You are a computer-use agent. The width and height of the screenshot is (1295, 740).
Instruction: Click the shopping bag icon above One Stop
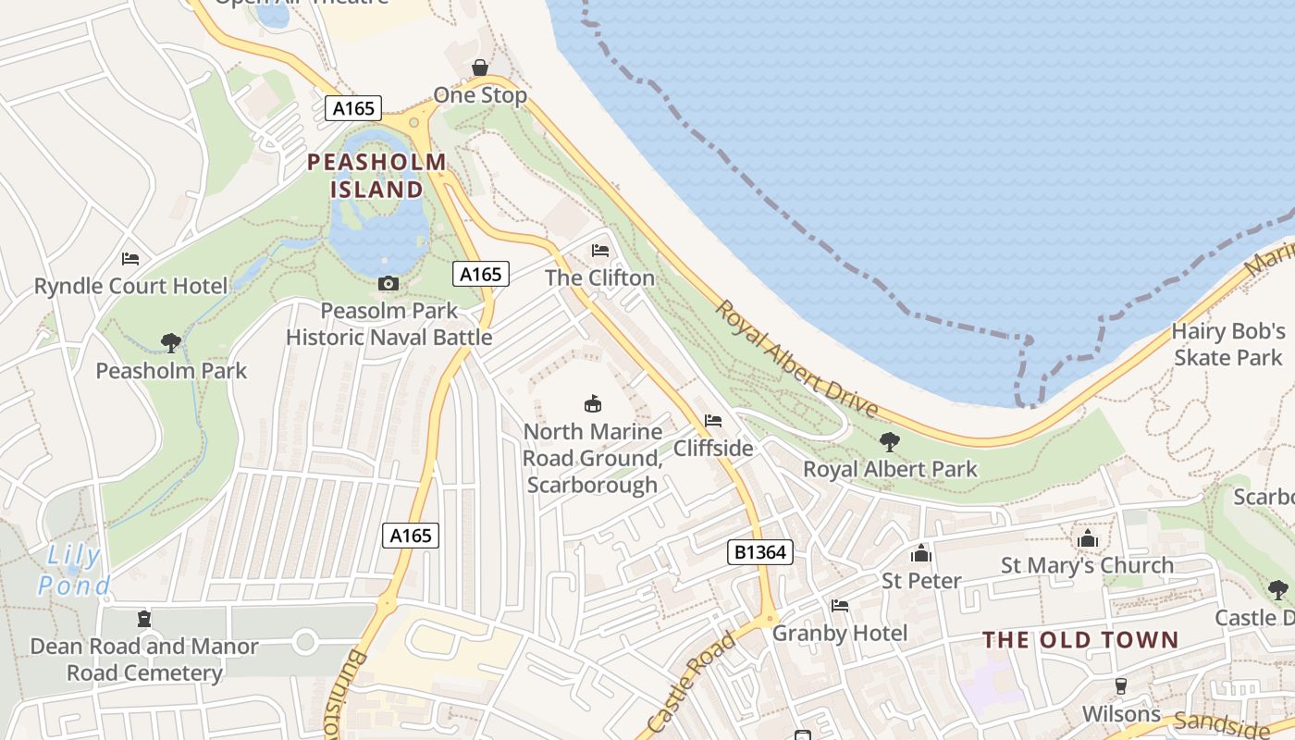480,68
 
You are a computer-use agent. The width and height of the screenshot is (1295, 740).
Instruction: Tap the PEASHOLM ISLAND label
376,176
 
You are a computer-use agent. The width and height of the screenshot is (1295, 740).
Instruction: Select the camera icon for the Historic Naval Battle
388,283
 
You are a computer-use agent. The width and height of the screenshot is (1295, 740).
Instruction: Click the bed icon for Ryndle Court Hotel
130,259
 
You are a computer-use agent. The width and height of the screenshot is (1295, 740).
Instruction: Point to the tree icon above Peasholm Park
171,343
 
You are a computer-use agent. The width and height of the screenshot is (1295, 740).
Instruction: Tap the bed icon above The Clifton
600,251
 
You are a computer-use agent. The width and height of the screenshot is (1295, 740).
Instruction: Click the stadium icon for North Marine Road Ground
592,403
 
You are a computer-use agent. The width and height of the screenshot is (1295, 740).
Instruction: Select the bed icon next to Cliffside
713,421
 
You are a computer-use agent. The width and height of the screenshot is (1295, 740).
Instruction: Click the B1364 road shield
759,552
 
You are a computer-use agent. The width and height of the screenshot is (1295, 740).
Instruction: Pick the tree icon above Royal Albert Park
890,441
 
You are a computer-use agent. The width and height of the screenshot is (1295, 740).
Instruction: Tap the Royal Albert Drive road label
796,359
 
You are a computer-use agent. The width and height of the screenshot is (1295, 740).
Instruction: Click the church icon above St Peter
921,553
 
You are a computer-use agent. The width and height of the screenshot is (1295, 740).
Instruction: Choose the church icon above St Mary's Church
1087,538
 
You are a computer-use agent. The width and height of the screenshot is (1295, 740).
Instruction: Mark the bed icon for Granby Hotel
840,606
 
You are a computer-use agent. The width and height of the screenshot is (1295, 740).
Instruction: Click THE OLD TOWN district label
1080,640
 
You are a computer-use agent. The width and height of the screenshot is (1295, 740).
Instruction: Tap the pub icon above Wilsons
1121,686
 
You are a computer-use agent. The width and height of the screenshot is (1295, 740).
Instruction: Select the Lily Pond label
74,571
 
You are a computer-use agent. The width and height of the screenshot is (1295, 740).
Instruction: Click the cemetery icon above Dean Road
143,618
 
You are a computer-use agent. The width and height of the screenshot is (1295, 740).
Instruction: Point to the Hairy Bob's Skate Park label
1228,344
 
